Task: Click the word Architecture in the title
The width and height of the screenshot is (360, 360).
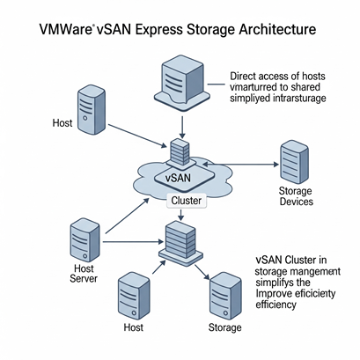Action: click(x=277, y=29)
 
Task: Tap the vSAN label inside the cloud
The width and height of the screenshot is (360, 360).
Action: click(x=178, y=178)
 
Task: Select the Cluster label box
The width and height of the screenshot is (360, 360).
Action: click(x=187, y=201)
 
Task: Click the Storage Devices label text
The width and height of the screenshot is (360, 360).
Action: click(x=296, y=196)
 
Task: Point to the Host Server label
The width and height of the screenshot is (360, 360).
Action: click(x=84, y=273)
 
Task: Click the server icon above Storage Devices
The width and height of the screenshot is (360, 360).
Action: click(x=294, y=162)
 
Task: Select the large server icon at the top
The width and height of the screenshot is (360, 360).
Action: click(x=182, y=84)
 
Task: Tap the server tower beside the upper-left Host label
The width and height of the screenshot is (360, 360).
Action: click(x=92, y=109)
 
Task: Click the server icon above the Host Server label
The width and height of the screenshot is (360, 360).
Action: click(x=84, y=239)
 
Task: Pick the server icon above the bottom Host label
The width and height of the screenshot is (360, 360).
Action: click(x=134, y=296)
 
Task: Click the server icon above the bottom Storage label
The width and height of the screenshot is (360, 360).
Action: click(x=226, y=296)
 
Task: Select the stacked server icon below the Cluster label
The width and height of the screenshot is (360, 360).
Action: click(x=180, y=244)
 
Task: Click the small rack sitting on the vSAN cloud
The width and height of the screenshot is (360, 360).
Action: click(x=180, y=152)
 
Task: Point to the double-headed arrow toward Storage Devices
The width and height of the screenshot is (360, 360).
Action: click(x=241, y=165)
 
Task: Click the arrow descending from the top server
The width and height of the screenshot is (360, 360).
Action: click(x=182, y=128)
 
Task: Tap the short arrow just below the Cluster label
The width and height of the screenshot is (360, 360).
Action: click(x=181, y=215)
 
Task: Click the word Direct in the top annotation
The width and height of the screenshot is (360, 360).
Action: click(x=242, y=77)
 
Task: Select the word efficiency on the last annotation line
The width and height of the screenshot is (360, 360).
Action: click(x=276, y=305)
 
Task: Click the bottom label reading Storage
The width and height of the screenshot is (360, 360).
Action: click(x=225, y=327)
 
